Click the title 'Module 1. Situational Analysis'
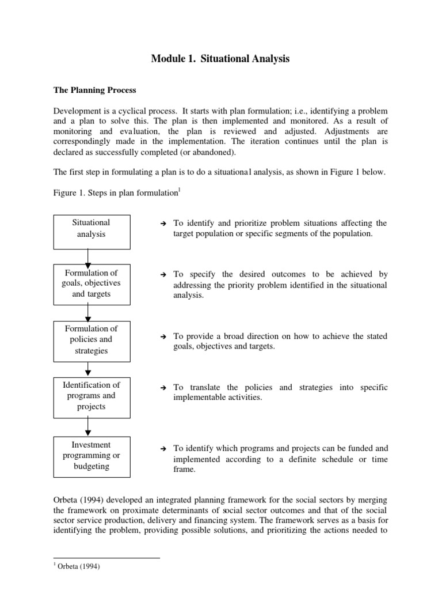coord(220,59)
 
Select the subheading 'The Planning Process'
coord(95,90)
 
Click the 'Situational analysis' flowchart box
coord(91,228)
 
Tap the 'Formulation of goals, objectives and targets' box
coord(91,283)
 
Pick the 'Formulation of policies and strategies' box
coord(91,340)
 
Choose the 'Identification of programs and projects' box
coord(91,396)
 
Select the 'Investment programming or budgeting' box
coord(91,456)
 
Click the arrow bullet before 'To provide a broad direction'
coord(163,336)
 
